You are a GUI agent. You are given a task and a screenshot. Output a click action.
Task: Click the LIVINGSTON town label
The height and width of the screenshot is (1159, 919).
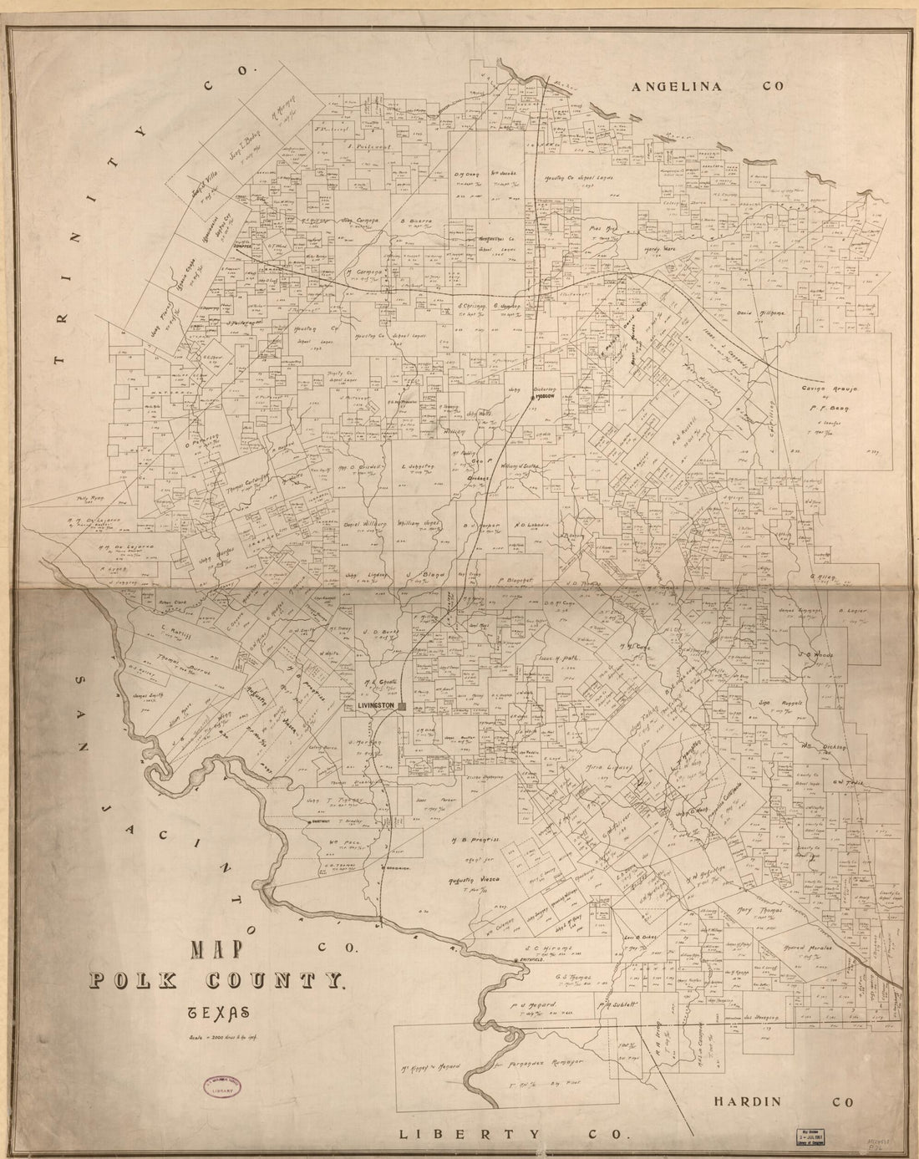pyautogui.click(x=375, y=707)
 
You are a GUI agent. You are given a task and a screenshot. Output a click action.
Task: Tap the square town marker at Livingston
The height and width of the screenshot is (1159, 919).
pyautogui.click(x=403, y=707)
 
